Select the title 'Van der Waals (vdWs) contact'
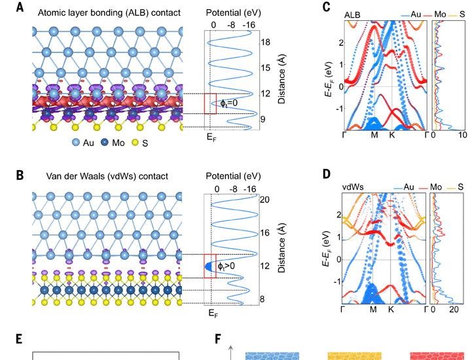pyautogui.click(x=103, y=175)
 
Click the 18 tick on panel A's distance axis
pyautogui.click(x=266, y=42)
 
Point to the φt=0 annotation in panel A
pyautogui.click(x=228, y=103)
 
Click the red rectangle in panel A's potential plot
pyautogui.click(x=210, y=103)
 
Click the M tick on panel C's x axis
pyautogui.click(x=374, y=135)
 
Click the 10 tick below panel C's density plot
pyautogui.click(x=462, y=135)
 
